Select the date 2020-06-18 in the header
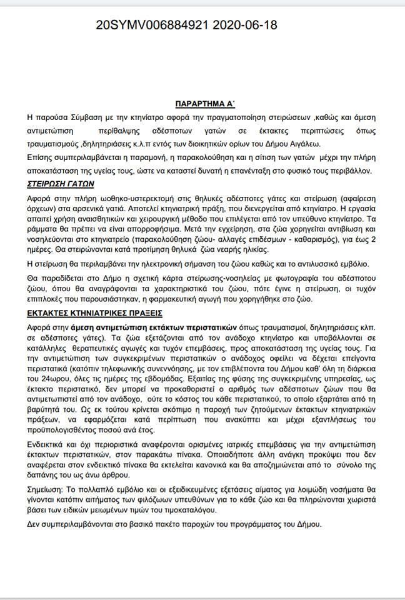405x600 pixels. [245, 26]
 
